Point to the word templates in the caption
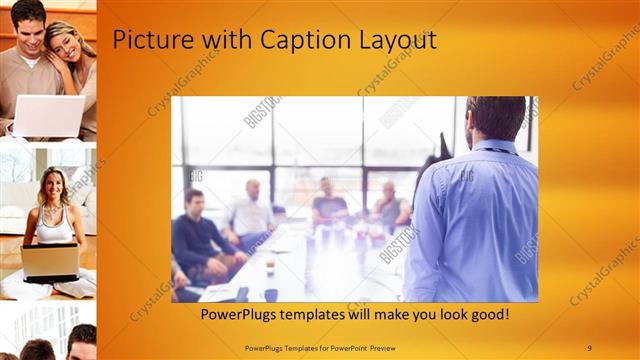point(324,315)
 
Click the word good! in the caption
point(486,315)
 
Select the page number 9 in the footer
point(590,347)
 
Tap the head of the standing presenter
point(496,118)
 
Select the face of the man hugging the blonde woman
point(30,23)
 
